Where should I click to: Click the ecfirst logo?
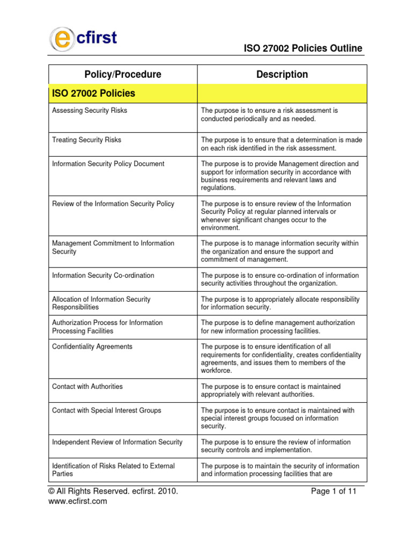[x=83, y=39]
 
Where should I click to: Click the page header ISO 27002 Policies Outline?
[x=303, y=48]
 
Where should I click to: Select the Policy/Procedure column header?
[x=123, y=75]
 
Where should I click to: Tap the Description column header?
[x=282, y=75]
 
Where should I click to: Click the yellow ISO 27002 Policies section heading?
[x=94, y=93]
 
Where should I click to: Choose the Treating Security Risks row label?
[x=86, y=140]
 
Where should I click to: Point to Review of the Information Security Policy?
[x=113, y=204]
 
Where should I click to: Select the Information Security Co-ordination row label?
[x=103, y=276]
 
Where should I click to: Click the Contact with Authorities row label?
[x=87, y=387]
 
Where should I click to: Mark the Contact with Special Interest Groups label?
[x=106, y=410]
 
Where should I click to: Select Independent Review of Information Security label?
[x=117, y=442]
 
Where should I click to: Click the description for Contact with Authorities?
[x=271, y=390]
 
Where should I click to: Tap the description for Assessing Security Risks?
[x=269, y=114]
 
